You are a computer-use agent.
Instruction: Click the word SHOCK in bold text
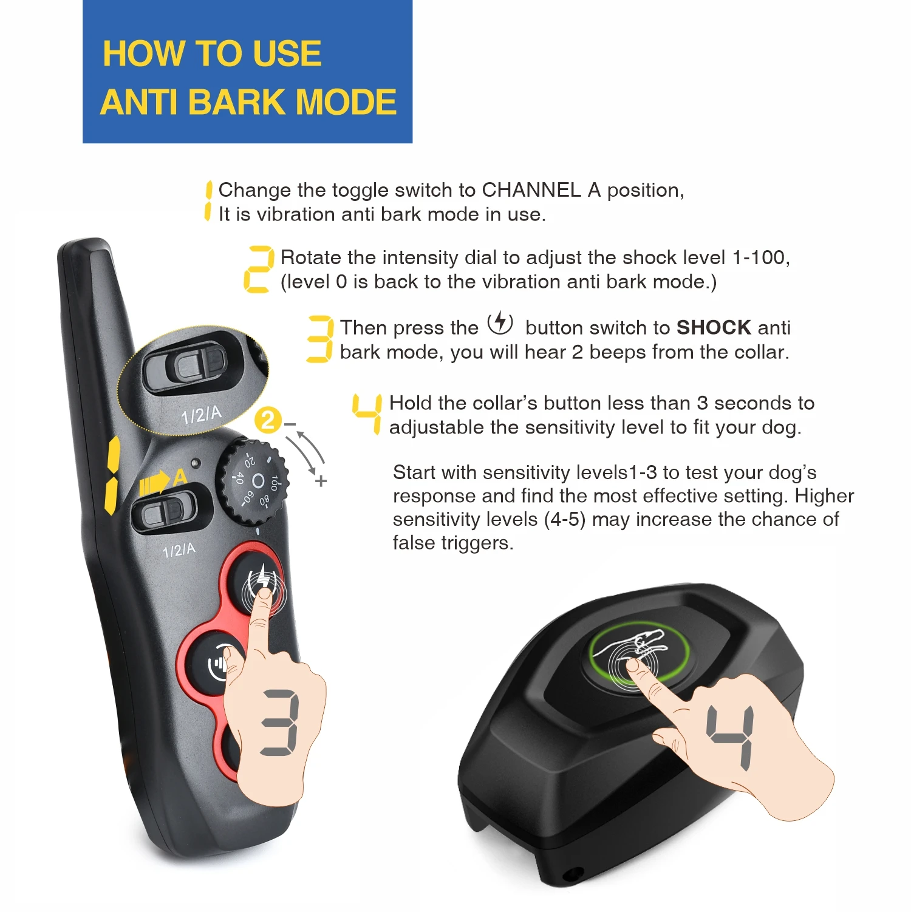click(x=714, y=328)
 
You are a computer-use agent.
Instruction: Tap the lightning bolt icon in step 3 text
click(x=500, y=322)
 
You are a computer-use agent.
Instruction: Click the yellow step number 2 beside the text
click(x=258, y=270)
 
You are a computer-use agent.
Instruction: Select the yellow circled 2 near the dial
click(x=268, y=420)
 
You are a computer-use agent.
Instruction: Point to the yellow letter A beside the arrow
click(x=180, y=477)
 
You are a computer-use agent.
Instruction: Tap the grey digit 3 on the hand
click(x=280, y=723)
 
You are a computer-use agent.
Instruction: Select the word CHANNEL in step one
click(x=531, y=190)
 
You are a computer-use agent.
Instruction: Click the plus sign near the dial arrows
click(x=321, y=482)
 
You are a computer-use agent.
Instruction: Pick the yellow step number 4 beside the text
click(x=367, y=413)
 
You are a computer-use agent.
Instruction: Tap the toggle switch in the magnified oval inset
click(x=193, y=366)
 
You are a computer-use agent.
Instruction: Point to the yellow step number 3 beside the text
click(x=320, y=339)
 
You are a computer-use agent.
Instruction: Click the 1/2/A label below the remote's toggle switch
click(x=179, y=550)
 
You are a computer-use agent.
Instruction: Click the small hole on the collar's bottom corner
click(x=571, y=875)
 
